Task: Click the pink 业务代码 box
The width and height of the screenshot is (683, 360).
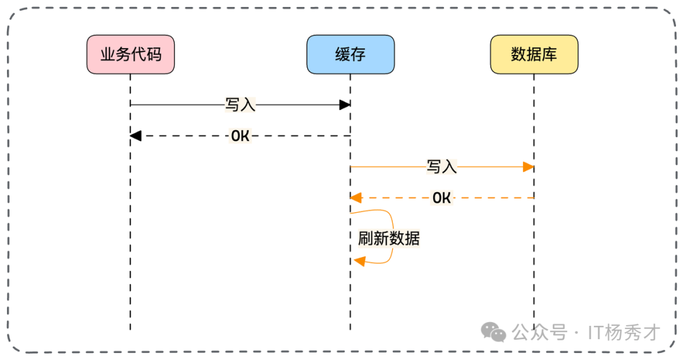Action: click(x=130, y=54)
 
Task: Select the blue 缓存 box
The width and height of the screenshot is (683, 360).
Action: click(x=350, y=54)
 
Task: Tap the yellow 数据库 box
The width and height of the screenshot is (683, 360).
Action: click(x=534, y=54)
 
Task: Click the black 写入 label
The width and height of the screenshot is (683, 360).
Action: click(x=240, y=104)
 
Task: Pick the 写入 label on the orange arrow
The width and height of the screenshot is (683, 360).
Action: click(x=441, y=167)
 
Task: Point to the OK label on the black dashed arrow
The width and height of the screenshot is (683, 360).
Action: click(x=240, y=135)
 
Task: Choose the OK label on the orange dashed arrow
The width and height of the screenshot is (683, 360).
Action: click(x=441, y=198)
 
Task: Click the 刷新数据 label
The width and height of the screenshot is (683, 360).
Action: click(x=388, y=239)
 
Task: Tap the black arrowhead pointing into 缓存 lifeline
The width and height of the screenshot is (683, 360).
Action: click(x=345, y=104)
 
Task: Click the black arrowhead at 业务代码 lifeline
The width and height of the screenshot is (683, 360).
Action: click(x=135, y=135)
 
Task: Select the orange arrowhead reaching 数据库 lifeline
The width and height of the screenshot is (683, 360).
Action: click(x=529, y=167)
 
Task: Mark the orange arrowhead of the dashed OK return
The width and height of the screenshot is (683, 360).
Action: click(x=356, y=198)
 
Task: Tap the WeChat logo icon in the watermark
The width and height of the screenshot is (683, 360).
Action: click(x=493, y=332)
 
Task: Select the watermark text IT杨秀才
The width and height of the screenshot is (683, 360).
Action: click(x=624, y=332)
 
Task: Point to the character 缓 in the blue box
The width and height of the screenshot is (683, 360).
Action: click(x=342, y=54)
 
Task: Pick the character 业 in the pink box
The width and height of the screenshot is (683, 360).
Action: click(x=108, y=54)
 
